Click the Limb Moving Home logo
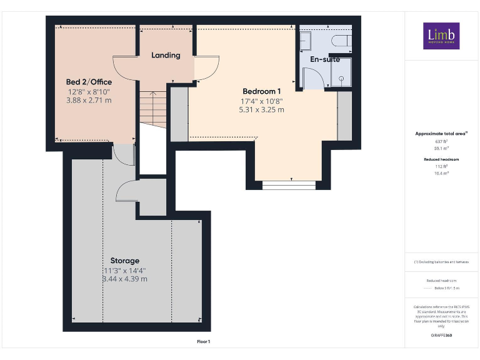coord(441,36)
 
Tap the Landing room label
coord(166,55)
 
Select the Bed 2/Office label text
coord(89,82)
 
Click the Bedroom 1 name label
coord(261,91)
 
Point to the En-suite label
coord(325,59)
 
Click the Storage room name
coord(125,261)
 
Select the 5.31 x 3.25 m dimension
coord(261,109)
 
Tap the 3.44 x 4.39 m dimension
coord(125,279)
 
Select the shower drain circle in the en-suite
coord(342,79)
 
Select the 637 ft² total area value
coord(441,142)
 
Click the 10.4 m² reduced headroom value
coord(441,173)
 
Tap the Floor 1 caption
coord(204,341)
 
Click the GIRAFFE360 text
coord(441,336)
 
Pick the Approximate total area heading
coord(441,134)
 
